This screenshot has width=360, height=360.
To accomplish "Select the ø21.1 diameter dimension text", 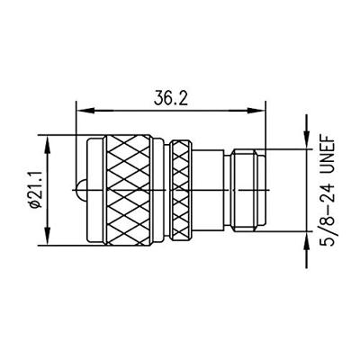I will coord(35,190).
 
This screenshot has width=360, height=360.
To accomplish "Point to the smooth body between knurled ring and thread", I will coord(211,190).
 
